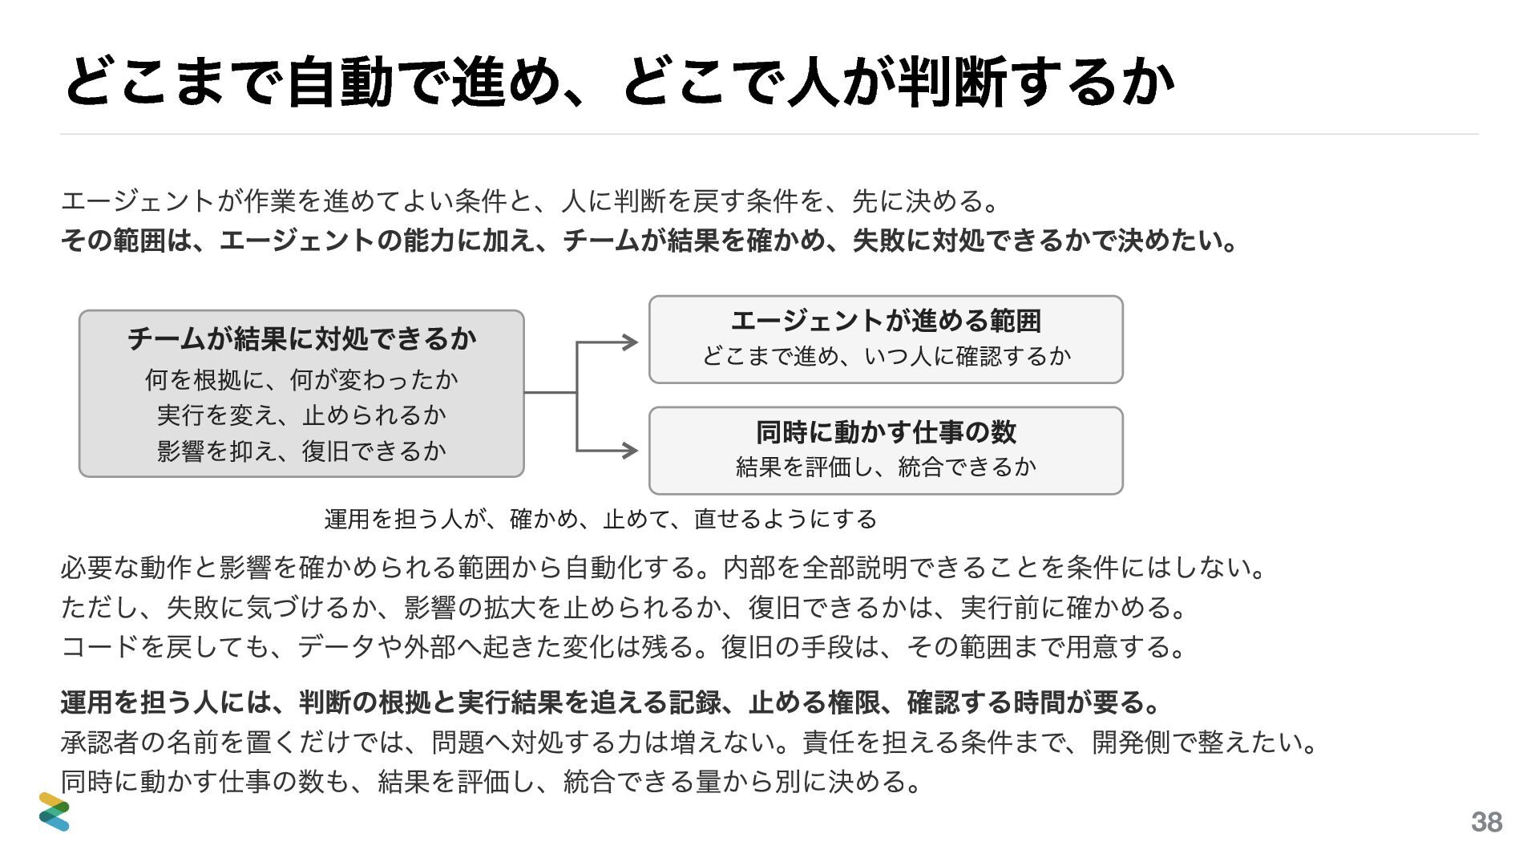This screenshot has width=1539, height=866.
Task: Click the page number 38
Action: point(1487,822)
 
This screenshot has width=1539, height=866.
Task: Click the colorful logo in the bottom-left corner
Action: point(55,811)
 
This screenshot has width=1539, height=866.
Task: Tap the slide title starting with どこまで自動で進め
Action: point(619,82)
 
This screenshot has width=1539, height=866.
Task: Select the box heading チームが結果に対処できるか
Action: point(301,338)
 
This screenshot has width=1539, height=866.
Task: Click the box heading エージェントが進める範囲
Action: point(886,321)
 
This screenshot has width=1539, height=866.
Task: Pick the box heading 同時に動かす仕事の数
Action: point(886,432)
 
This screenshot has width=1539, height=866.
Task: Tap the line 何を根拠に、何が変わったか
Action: point(301,379)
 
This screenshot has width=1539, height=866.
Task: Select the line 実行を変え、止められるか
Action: point(301,415)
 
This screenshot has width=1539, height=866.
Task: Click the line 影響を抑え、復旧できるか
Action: point(301,451)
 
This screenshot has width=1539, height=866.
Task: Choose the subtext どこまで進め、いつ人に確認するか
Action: point(886,355)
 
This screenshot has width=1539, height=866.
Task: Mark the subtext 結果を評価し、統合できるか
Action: point(886,466)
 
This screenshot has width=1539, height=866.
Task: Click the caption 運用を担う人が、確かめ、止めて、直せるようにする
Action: point(600,519)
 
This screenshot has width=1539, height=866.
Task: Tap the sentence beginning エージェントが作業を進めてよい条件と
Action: point(531,200)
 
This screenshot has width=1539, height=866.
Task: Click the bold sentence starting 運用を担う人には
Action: point(612,702)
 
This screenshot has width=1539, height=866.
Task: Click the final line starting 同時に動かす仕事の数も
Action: point(493,781)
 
